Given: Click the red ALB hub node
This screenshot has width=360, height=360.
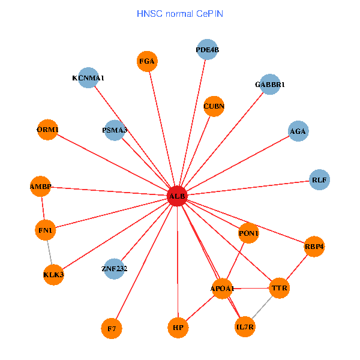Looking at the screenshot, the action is point(177,196).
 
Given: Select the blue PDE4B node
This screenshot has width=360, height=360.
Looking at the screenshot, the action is point(208,50).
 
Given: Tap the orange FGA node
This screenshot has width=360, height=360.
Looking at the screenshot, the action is point(147,61).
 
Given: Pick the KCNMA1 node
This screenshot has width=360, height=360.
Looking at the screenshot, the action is point(88,77).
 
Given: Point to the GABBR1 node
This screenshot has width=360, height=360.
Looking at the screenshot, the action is point(270,85).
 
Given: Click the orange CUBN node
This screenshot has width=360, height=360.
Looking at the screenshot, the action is point(214,106).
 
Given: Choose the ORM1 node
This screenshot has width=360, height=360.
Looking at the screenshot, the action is point(47,130).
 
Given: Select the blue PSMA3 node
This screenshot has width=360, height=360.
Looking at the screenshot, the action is point(115,130).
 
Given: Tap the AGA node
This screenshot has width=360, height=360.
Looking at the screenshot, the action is point(298,131).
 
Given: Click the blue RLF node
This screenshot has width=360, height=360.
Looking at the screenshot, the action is point(320,179).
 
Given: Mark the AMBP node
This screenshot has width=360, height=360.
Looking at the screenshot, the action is point(41,187).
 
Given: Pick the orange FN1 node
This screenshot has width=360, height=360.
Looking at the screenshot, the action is point(46,230).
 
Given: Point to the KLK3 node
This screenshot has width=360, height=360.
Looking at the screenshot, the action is point(53,275).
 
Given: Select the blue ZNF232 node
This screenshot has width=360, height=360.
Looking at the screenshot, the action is point(115,268).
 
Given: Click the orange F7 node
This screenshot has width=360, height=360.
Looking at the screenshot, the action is point(112,328).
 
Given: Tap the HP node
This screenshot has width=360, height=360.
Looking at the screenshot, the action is point(178,328).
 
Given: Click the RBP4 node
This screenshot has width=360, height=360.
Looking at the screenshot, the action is point(314,246).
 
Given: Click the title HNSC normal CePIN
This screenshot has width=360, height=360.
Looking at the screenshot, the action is point(180,13).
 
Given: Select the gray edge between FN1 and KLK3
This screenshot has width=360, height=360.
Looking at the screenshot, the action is point(50,252).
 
